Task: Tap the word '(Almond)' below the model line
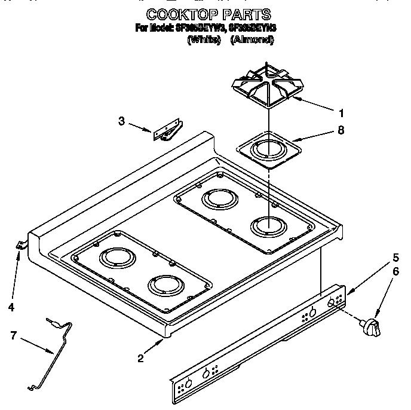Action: coord(252,40)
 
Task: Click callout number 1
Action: coord(341,112)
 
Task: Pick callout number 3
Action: coord(121,121)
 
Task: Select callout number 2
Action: coord(140,359)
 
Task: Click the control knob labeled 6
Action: coord(370,326)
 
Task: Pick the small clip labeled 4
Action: coord(20,244)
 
